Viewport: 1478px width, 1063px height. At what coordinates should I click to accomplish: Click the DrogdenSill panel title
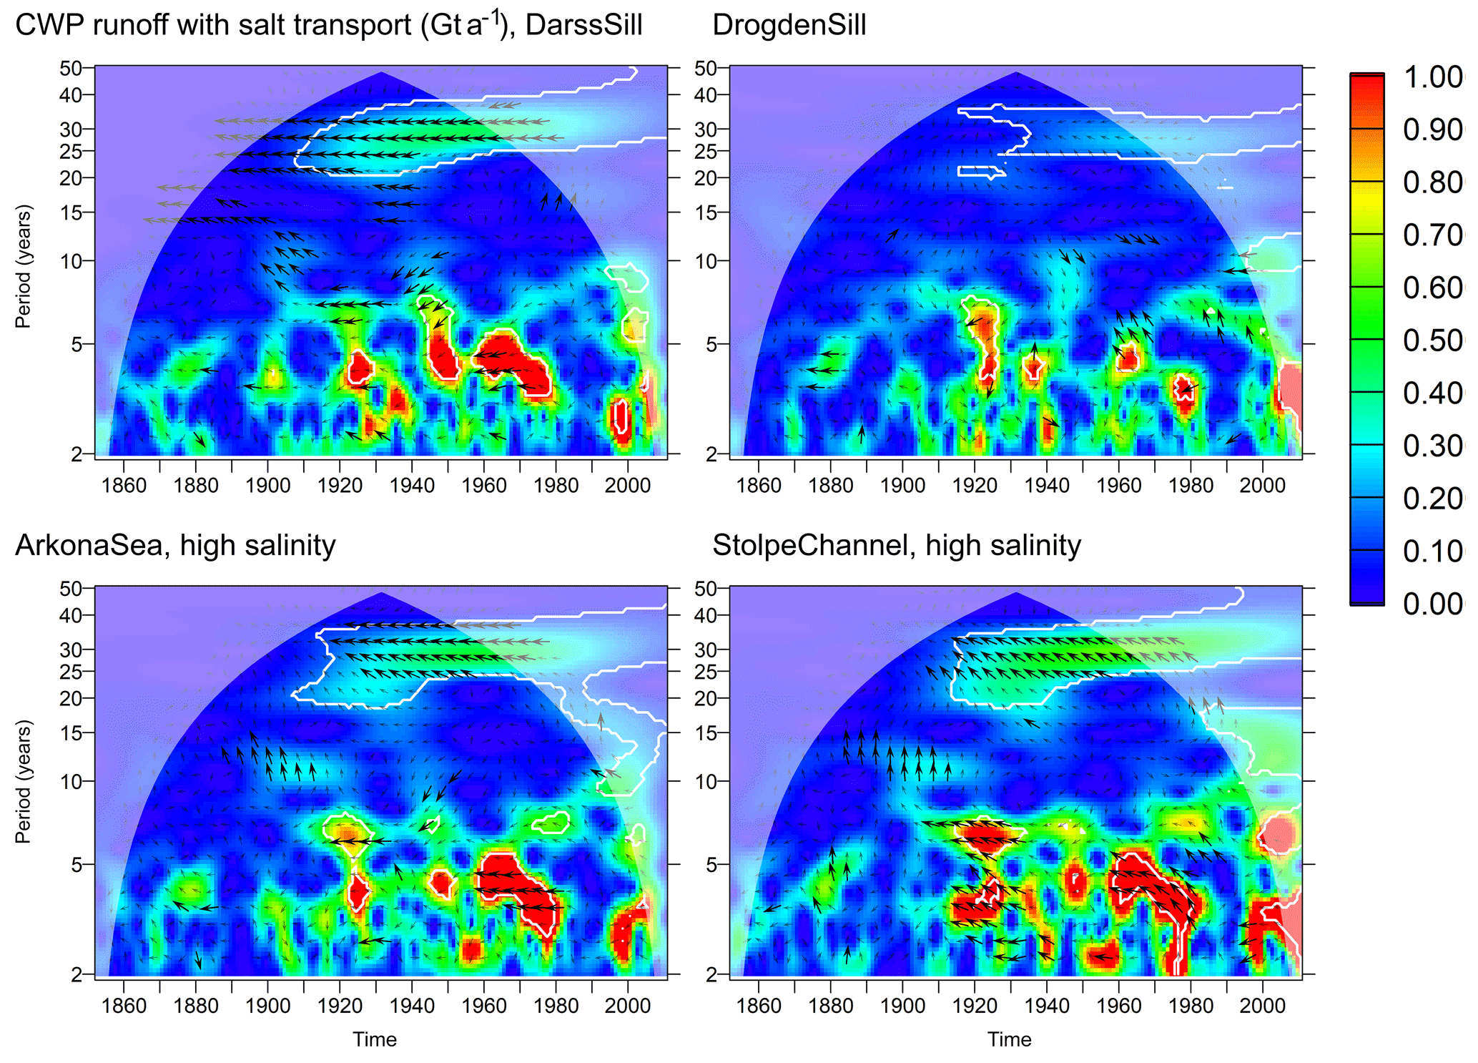coord(789,26)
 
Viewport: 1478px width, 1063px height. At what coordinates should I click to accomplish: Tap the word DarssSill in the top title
coord(583,26)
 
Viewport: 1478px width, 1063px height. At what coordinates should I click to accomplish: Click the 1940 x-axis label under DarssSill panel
coord(412,486)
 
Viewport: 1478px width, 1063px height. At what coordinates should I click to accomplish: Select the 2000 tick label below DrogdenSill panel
coord(1263,486)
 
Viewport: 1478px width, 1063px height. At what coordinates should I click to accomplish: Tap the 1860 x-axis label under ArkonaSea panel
coord(124,1006)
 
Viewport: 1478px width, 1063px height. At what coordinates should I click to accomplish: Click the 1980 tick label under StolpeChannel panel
coord(1191,1006)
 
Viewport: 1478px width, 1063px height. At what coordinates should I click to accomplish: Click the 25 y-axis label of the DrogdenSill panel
coord(706,152)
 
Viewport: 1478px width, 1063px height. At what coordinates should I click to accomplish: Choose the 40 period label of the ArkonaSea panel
coord(71,615)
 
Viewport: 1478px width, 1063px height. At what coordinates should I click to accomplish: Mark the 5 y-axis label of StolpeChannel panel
coord(711,865)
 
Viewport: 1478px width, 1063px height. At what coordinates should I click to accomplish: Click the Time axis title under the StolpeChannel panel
coord(1009,1039)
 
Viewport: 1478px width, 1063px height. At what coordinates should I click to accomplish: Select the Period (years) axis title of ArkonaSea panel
coord(24,781)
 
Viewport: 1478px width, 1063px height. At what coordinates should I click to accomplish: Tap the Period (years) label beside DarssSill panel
coord(24,266)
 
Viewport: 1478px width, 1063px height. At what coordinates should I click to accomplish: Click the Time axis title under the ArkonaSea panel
coord(374,1039)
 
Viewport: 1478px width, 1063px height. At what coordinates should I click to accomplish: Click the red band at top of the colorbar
coord(1366,100)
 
